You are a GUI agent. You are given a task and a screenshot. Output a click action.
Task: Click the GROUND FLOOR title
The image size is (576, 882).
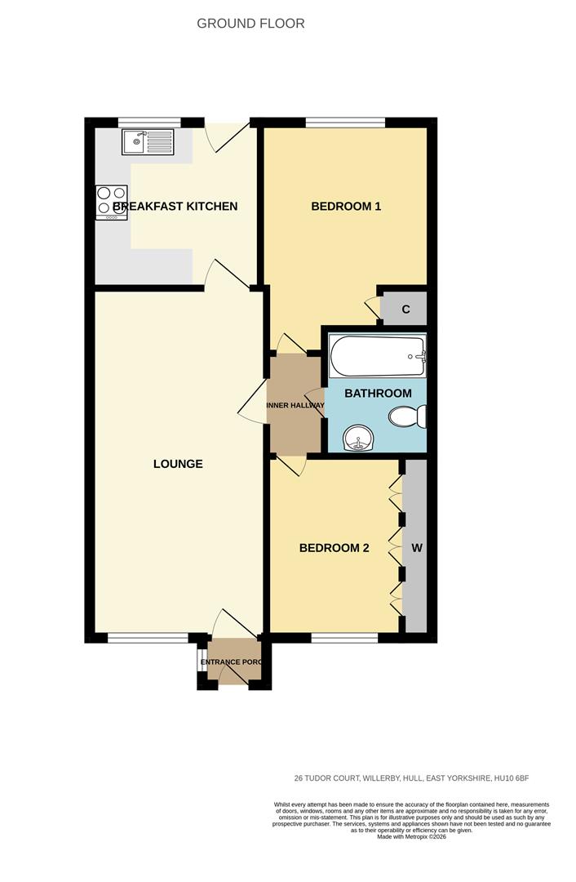250,24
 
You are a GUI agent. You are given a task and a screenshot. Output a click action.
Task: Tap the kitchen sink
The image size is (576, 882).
148,142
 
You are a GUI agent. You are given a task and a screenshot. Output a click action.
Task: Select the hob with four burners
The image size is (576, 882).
111,203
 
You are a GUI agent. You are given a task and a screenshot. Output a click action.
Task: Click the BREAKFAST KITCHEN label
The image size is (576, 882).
175,207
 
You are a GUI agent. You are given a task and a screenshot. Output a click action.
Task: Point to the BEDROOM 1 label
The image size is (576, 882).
346,207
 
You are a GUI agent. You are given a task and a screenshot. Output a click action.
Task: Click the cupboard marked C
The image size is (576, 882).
405,310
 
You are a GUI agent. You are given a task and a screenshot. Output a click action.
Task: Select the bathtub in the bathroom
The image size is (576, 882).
377,357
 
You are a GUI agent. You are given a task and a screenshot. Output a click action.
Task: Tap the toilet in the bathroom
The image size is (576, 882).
407,417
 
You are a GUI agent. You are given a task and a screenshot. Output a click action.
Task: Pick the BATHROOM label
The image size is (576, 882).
378,394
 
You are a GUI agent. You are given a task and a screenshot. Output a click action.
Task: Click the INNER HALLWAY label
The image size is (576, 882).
295,406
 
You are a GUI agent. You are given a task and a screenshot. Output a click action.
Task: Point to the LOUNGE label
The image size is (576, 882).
178,464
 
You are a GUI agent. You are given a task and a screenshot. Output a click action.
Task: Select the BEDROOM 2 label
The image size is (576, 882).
334,548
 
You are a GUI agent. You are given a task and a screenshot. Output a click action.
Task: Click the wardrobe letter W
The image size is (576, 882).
416,548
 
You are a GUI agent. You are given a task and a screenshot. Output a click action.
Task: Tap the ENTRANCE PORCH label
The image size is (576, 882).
233,661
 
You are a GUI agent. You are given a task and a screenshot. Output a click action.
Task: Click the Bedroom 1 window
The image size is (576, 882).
345,123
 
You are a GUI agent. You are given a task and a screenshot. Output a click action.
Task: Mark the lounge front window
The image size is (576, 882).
148,638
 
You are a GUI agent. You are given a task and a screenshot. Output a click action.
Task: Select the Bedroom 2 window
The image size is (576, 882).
344,638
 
